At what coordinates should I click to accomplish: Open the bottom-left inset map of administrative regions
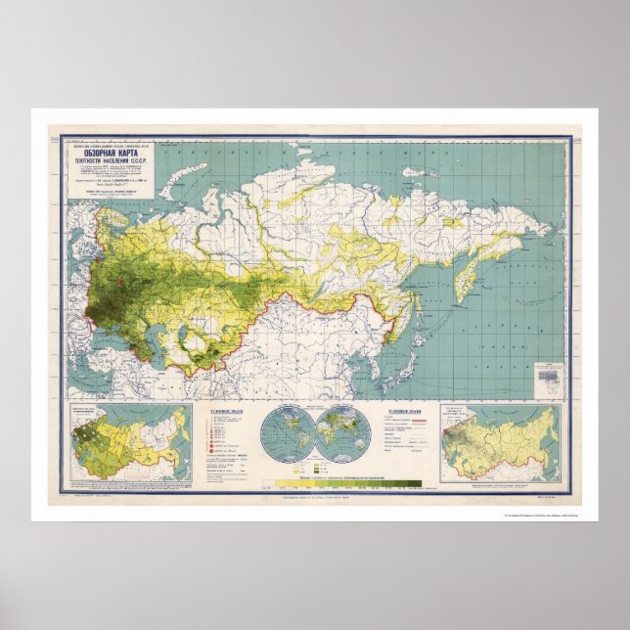127,442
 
